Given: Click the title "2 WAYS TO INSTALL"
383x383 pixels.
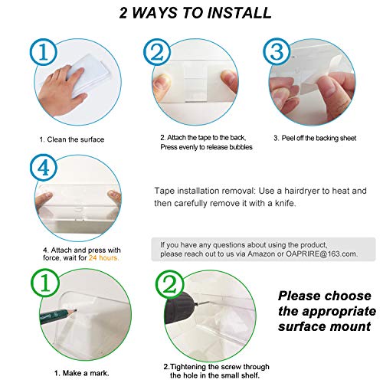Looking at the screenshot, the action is pos(195,13).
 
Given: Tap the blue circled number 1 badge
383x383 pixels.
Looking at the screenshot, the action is pos(44,53).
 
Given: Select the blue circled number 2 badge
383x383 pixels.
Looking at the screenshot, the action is pos(157,53).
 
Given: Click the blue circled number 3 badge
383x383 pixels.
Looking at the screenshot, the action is pos(277,51).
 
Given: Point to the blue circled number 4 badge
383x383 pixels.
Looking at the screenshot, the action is pos(44,168).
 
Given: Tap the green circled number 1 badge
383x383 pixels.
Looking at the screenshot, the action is pos(45,283).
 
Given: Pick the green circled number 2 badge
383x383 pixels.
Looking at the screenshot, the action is pos(170,285).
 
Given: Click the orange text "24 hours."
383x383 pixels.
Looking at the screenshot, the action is pos(103,258).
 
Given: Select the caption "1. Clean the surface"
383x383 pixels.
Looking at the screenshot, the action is pos(72,139).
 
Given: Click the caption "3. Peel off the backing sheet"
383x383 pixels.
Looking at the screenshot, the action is pos(315,138).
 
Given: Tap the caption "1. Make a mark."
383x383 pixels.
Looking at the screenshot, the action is pos(82,373).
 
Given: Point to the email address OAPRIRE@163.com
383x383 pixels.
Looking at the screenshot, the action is pos(322,254).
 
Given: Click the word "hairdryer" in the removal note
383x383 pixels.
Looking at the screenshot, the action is pos(302,191).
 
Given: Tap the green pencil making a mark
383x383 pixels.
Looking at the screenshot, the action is pos(58,316).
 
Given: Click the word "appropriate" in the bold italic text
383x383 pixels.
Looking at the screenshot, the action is pos(339,312).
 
